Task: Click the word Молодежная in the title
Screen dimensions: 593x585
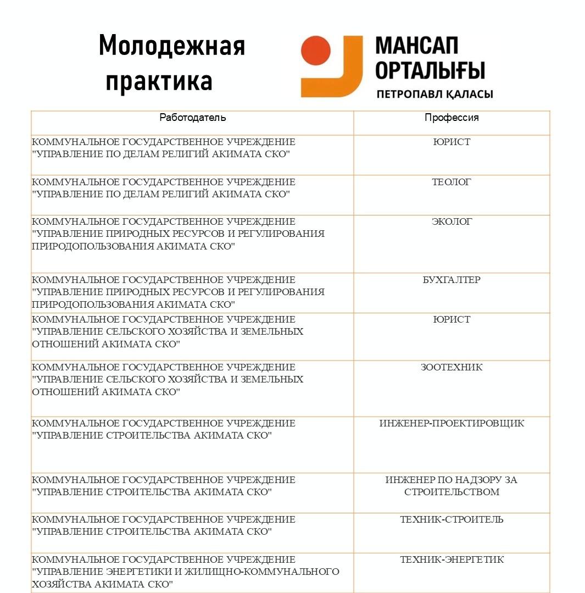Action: point(171,46)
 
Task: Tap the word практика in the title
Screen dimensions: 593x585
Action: point(159,80)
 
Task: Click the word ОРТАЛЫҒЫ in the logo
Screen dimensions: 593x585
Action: point(430,70)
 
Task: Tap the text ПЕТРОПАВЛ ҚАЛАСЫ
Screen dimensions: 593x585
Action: point(434,95)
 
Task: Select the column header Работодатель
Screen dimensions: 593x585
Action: point(192,118)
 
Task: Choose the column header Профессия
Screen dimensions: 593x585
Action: point(452,118)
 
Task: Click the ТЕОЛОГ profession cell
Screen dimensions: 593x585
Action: point(452,182)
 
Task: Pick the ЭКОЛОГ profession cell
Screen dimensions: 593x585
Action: point(452,221)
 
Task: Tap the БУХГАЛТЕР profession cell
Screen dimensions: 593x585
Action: point(452,280)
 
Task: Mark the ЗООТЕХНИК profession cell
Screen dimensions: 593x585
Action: point(452,367)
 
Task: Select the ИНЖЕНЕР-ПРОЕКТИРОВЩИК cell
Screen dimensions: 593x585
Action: point(452,423)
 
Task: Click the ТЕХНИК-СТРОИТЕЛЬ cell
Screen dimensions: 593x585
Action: point(452,519)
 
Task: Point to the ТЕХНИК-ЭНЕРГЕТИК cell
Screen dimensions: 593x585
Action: point(452,559)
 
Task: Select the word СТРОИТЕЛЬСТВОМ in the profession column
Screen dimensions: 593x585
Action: point(452,492)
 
